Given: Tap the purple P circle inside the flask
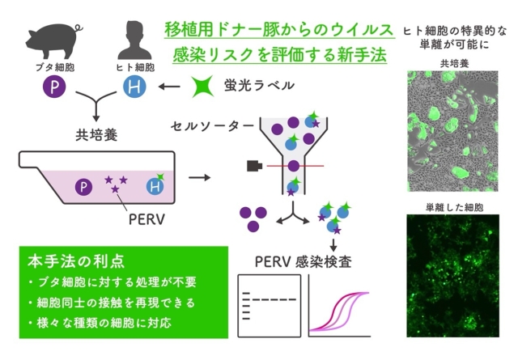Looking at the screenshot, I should tap(82, 188).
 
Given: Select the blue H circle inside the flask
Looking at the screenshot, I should tap(154, 188).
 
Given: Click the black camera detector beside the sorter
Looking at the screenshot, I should tap(253, 166).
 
